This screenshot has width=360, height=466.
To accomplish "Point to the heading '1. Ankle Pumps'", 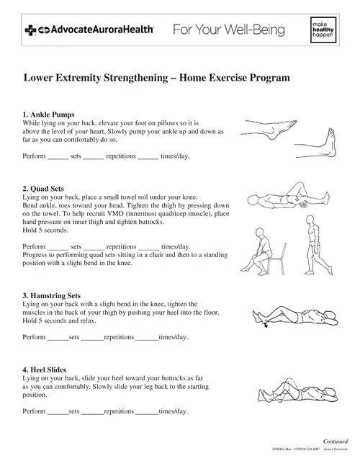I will [49, 115].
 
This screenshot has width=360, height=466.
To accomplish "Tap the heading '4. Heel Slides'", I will [49, 369].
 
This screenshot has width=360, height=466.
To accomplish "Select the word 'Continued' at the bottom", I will [336, 441].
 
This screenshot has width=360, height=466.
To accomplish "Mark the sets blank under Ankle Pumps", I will [57, 156].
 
